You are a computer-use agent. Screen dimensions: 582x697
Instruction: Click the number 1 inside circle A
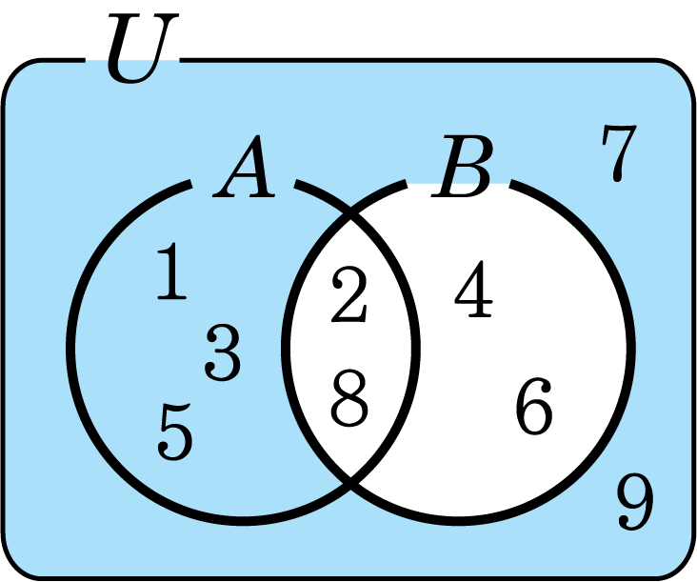(172, 272)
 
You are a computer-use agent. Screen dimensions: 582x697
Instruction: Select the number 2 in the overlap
(348, 296)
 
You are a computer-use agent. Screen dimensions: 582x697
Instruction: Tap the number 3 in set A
(224, 353)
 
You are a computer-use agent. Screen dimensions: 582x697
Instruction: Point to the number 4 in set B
(473, 292)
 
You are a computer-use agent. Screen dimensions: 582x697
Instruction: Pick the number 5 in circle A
(175, 431)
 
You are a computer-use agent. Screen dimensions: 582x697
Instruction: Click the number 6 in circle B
(533, 407)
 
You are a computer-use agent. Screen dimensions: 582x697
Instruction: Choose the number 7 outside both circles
(616, 154)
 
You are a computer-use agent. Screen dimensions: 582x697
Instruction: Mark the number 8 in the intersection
(348, 400)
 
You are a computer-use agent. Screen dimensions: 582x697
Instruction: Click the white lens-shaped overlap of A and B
(350, 348)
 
